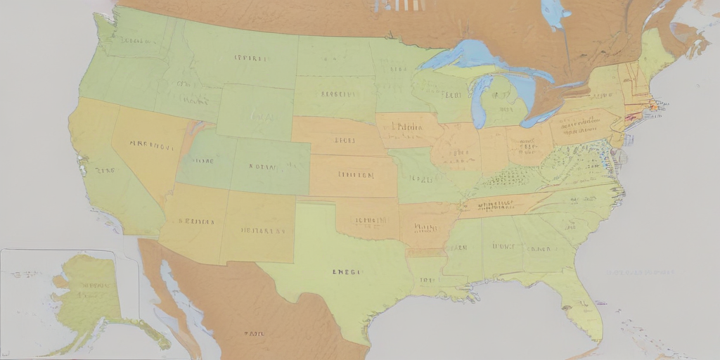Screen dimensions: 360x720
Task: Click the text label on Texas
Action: click(346, 271)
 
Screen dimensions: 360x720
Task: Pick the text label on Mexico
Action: click(253, 333)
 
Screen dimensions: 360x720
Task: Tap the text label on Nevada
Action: click(151, 146)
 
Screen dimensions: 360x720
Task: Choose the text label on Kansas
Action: click(355, 175)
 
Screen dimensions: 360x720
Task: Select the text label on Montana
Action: click(252, 58)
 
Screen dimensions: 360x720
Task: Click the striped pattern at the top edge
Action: click(399, 6)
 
